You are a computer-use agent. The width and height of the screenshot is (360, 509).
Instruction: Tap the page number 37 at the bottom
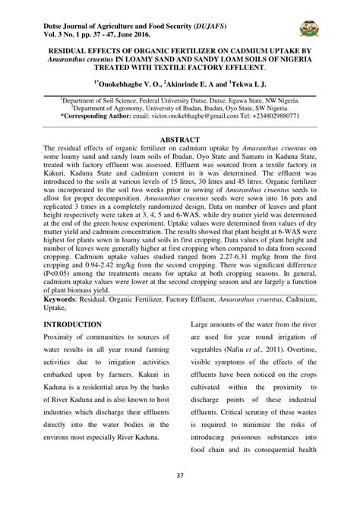tap(179, 498)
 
